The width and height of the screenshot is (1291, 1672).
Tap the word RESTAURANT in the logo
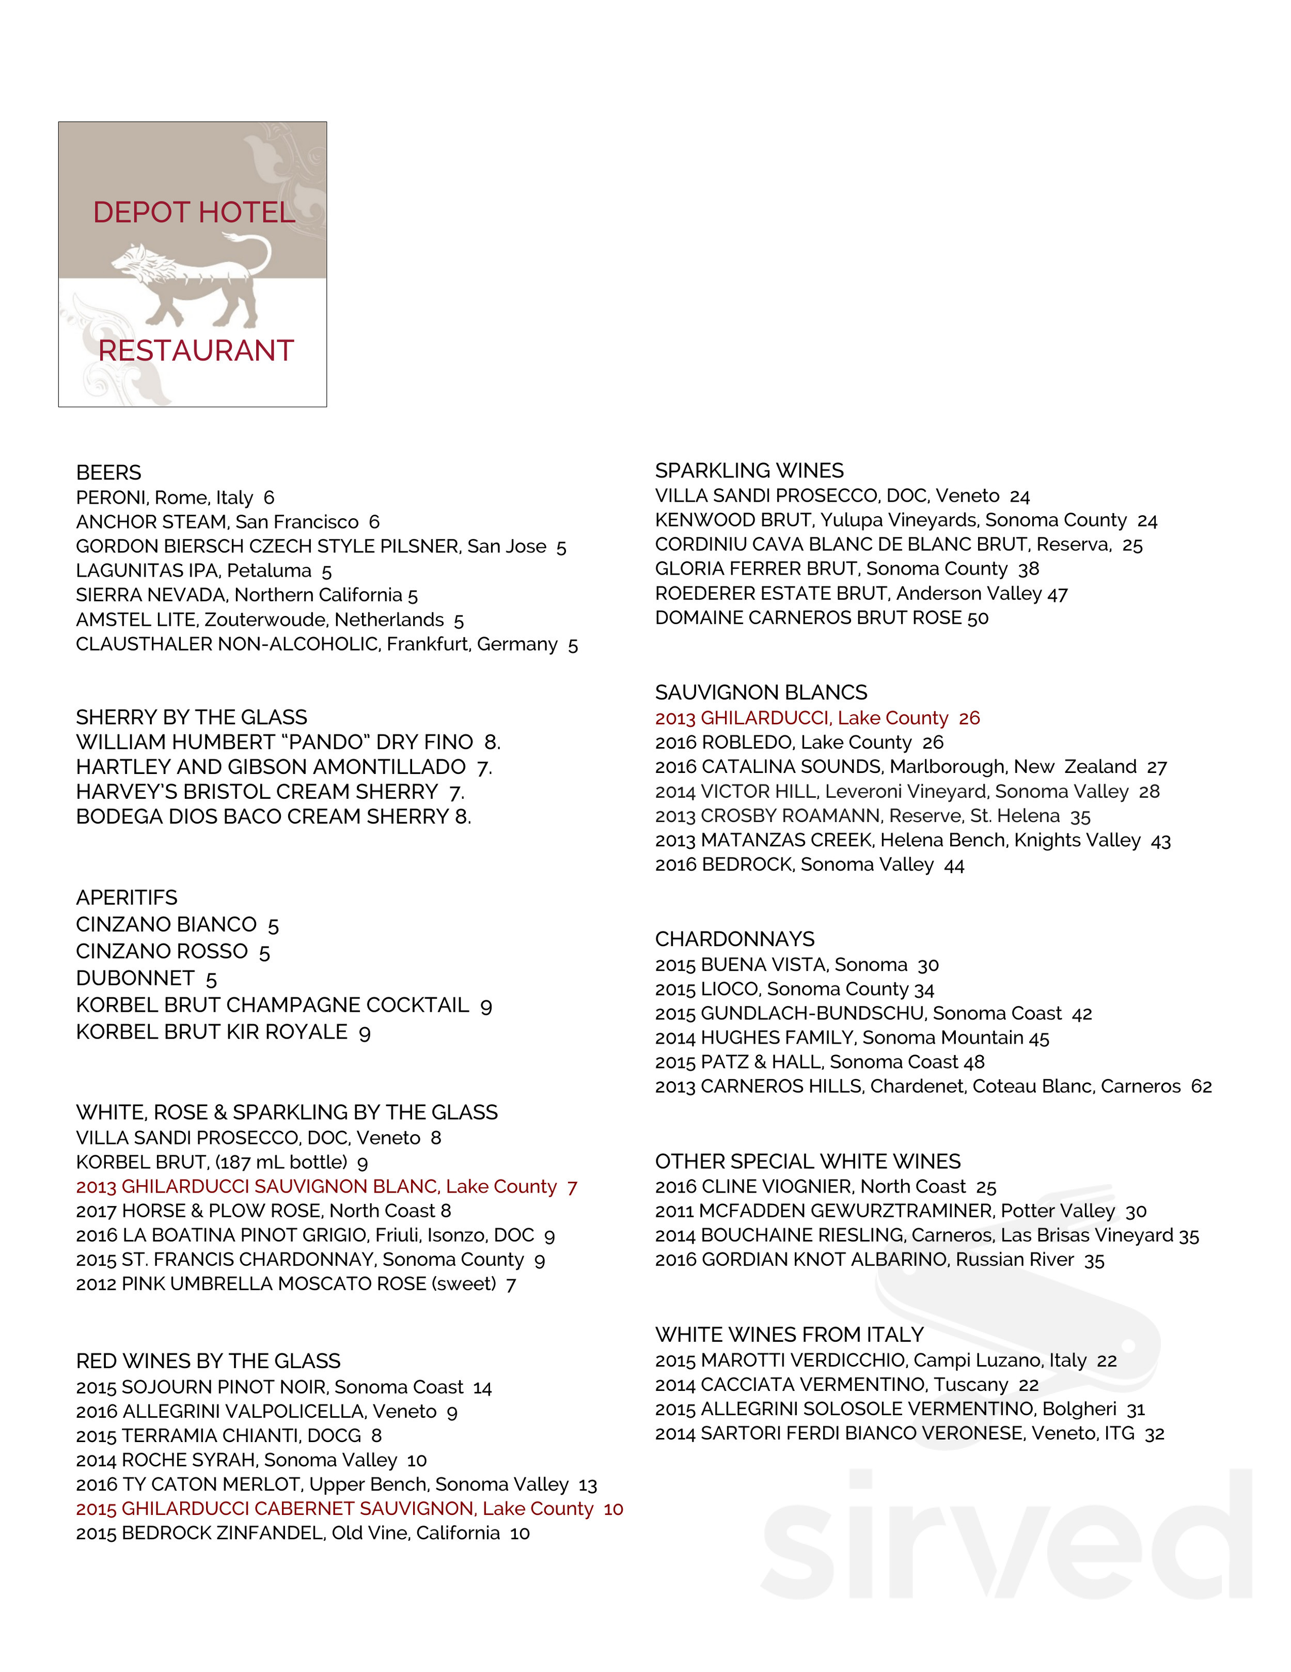196,351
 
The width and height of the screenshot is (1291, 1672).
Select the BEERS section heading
108,472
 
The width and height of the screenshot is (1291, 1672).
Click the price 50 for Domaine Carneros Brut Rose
978,618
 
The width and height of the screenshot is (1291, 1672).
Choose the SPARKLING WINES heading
749,470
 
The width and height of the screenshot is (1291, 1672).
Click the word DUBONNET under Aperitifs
135,979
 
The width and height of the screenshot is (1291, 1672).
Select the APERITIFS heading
127,897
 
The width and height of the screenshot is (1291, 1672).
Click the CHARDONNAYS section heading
735,939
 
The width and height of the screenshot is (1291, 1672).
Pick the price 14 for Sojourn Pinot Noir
482,1387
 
